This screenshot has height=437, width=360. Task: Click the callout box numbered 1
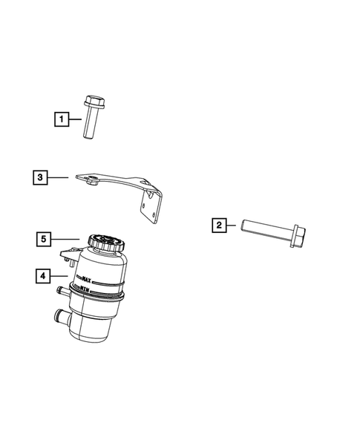pos(59,118)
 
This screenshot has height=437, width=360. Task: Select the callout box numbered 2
pos(218,223)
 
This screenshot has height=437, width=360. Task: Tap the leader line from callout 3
pos(59,177)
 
